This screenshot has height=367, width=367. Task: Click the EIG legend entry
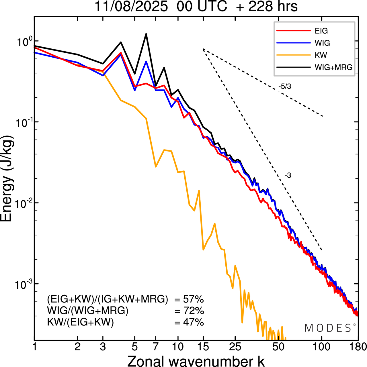(x=321, y=31)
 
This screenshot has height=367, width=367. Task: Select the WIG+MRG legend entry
(x=333, y=67)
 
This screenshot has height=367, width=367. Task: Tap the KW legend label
(x=321, y=55)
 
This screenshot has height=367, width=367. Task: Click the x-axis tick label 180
(x=358, y=347)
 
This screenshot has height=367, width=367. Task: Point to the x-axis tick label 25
(x=235, y=347)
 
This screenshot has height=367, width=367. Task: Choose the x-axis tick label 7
(x=156, y=347)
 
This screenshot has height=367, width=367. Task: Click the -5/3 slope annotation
(x=285, y=86)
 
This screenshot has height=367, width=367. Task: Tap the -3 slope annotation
(x=288, y=176)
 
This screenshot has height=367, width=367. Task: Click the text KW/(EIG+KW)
(x=81, y=322)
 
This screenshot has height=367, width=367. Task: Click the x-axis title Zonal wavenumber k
(x=196, y=361)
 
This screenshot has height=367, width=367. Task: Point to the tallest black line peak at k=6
(x=146, y=34)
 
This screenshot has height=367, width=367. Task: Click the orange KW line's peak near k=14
(x=199, y=191)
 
